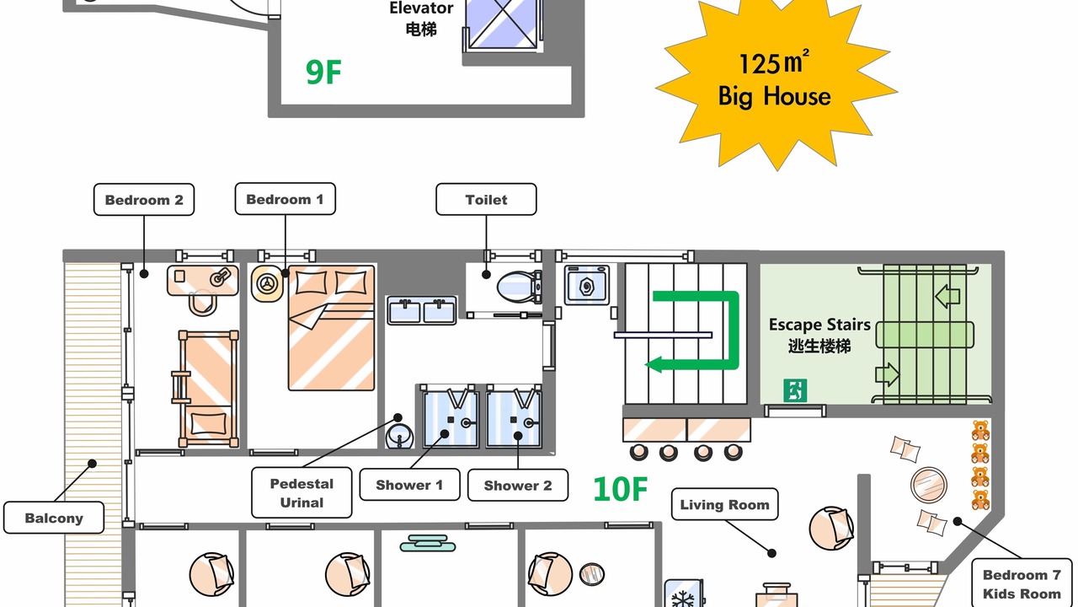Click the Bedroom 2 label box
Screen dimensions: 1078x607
(144, 200)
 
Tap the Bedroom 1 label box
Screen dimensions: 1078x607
(285, 199)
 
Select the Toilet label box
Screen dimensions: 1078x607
(486, 200)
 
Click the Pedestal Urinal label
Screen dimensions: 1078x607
(302, 493)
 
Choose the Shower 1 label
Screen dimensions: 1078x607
(409, 485)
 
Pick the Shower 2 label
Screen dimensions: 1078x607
(518, 485)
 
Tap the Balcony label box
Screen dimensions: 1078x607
(54, 518)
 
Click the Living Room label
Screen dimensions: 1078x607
(725, 504)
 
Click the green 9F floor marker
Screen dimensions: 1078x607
(323, 73)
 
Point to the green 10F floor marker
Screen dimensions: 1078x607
(621, 489)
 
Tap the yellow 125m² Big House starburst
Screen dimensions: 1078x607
(776, 81)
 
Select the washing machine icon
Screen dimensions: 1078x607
(587, 285)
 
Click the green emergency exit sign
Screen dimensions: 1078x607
(795, 390)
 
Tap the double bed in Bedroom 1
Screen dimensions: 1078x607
(331, 328)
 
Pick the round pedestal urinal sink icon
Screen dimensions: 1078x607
(399, 436)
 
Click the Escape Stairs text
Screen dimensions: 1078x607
(819, 325)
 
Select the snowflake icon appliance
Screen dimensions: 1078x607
(684, 594)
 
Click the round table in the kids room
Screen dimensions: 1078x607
(929, 485)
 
